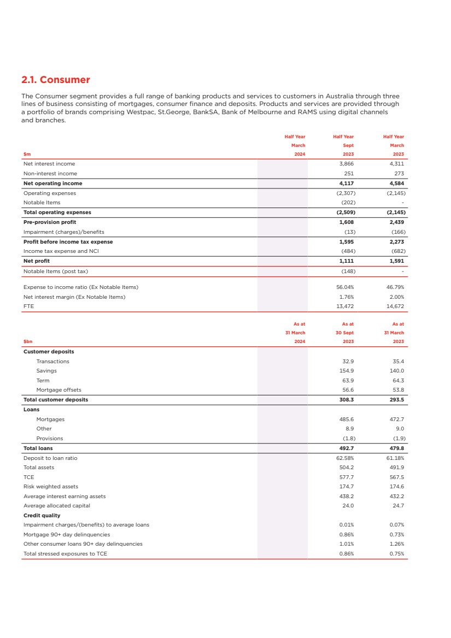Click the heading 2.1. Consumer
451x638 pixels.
pyautogui.click(x=55, y=80)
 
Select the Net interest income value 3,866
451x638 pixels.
pyautogui.click(x=347, y=164)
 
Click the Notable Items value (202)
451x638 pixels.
pyautogui.click(x=347, y=203)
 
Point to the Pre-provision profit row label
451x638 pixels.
pyautogui.click(x=50, y=222)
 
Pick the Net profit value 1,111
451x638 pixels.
pyautogui.click(x=347, y=261)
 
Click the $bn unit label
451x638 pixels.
pyautogui.click(x=28, y=341)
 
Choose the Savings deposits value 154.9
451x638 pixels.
pyautogui.click(x=348, y=371)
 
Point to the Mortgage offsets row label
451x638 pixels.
pyautogui.click(x=58, y=390)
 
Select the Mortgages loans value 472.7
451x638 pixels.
pyautogui.click(x=396, y=420)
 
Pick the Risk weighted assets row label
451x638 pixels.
pyautogui.click(x=51, y=487)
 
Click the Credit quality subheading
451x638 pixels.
pyautogui.click(x=42, y=516)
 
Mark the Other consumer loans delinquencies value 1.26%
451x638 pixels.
pyautogui.click(x=396, y=544)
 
